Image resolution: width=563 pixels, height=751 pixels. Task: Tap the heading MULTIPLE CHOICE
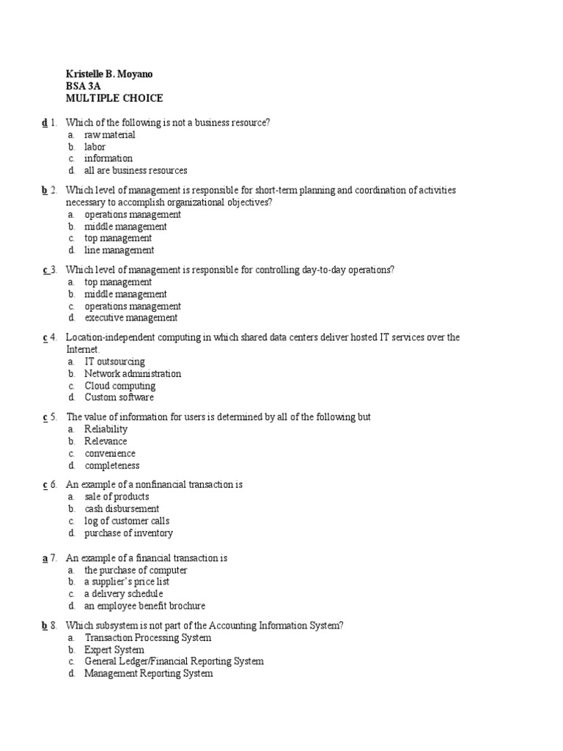(x=114, y=98)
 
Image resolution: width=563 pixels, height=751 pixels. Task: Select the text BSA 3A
(x=84, y=86)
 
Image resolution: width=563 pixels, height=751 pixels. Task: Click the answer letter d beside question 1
(x=45, y=122)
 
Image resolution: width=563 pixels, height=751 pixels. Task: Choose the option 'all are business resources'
(x=136, y=170)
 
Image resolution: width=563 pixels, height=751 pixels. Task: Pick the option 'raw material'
(x=110, y=135)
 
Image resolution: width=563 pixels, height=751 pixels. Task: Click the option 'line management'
(x=119, y=250)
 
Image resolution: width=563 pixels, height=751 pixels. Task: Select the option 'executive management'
(x=130, y=318)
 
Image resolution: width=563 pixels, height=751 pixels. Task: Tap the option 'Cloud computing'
(x=119, y=386)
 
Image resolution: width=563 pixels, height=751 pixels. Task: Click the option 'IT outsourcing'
(x=114, y=362)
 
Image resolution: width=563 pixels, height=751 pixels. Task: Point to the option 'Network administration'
(x=132, y=373)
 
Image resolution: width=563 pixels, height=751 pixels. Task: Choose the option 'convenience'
(x=110, y=453)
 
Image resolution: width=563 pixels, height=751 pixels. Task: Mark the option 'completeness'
(x=111, y=465)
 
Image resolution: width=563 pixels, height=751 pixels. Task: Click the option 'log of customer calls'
(x=125, y=521)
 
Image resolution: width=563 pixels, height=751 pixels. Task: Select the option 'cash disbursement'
(x=122, y=509)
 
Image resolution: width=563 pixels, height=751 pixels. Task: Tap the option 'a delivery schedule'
(x=123, y=594)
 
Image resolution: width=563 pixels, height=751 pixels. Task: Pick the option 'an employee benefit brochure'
(x=144, y=606)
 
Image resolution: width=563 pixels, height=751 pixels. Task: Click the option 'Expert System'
(x=114, y=650)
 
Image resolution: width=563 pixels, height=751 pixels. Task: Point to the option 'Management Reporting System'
(x=148, y=673)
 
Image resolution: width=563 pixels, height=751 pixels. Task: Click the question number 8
(x=54, y=626)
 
